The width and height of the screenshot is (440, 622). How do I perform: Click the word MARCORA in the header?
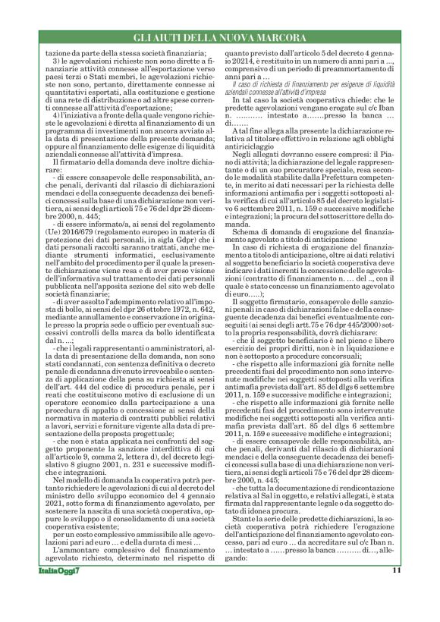click(280, 36)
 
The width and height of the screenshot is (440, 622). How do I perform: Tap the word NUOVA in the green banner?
click(233, 36)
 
